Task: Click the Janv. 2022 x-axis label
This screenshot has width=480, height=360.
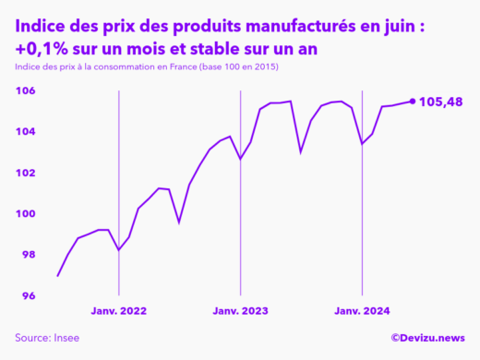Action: (x=119, y=311)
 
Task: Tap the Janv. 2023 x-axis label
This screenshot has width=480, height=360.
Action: (x=241, y=311)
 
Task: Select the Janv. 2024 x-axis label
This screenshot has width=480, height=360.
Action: (x=362, y=311)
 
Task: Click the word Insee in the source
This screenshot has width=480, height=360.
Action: (x=65, y=339)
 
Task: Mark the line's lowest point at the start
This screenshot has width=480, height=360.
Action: (x=58, y=275)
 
